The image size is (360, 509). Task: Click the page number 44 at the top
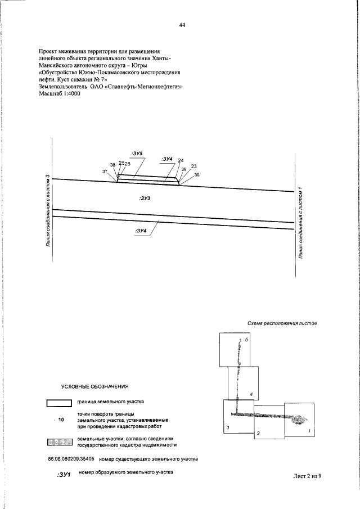pos(182,25)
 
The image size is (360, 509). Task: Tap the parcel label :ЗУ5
pos(137,153)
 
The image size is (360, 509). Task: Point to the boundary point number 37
pos(105,171)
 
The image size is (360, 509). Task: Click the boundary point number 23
pos(194,166)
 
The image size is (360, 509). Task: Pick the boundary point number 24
pos(181,160)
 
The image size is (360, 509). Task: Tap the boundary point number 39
pos(183,169)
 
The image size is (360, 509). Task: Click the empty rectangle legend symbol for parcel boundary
pos(58,403)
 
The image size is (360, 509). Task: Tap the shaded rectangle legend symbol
pos(58,442)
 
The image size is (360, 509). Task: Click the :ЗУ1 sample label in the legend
pos(63,475)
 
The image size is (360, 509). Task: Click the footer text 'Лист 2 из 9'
pos(310,476)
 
